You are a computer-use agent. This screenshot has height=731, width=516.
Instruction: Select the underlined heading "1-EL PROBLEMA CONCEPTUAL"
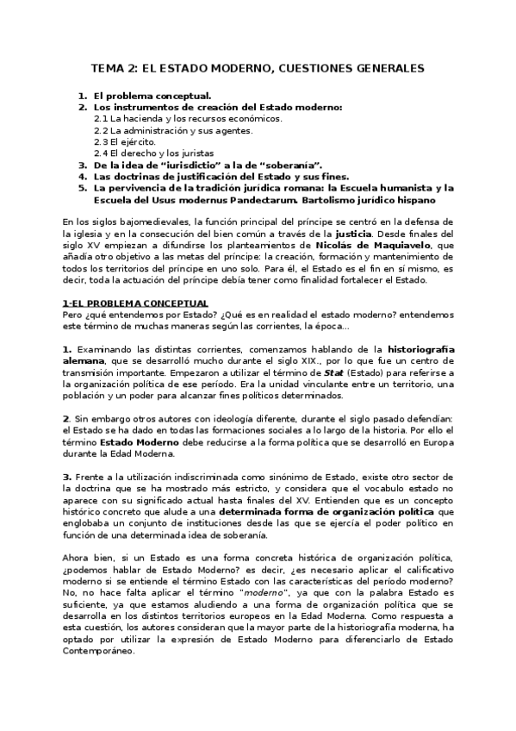135,303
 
